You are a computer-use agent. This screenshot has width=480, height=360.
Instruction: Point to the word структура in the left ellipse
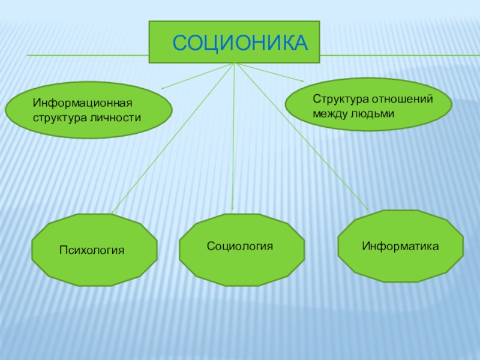[x=59, y=117]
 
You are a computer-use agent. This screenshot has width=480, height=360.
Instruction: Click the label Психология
[x=91, y=249]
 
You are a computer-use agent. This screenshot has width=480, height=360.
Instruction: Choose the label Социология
[x=240, y=246]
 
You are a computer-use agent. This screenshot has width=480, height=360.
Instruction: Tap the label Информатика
[x=400, y=246]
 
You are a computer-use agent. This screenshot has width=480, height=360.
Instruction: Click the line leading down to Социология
[x=233, y=138]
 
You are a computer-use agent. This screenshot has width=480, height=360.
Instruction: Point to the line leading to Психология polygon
[x=174, y=138]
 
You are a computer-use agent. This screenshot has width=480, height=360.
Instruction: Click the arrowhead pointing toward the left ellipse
[x=163, y=89]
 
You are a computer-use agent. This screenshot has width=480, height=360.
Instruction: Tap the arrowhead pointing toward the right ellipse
[x=301, y=80]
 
